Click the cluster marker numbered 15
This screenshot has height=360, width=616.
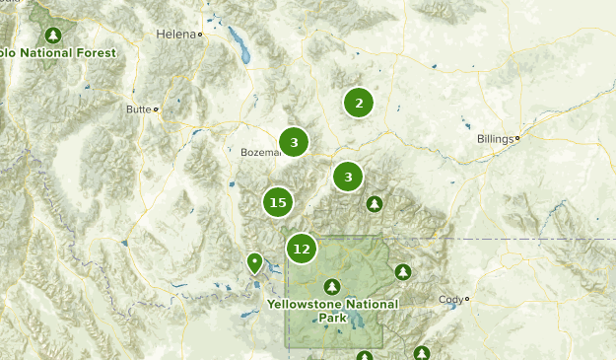278,202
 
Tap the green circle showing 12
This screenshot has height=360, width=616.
302,249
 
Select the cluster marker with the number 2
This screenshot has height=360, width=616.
359,103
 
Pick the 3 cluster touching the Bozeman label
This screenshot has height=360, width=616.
294,142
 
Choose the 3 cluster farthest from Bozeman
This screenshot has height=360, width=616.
347,178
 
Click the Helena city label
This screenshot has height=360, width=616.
175,34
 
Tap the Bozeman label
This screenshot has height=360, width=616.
259,153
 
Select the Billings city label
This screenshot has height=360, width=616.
494,139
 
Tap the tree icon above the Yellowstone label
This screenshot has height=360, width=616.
332,286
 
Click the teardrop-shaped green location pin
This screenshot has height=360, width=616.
254,262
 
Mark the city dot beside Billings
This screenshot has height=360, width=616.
516,138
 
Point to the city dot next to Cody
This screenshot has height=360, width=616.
467,299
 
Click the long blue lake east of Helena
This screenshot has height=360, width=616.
238,41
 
